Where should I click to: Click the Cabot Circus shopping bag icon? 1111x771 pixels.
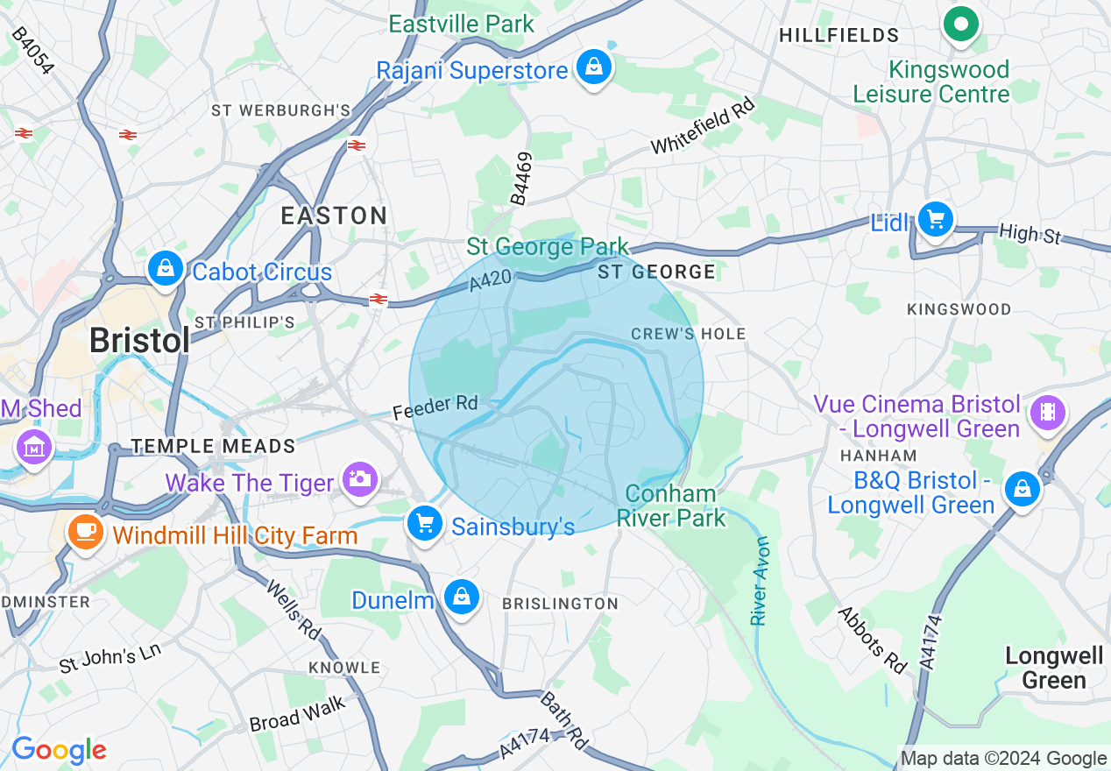pyautogui.click(x=166, y=268)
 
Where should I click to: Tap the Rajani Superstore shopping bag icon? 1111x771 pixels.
pyautogui.click(x=594, y=67)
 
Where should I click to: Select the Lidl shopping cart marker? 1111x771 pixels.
pyautogui.click(x=936, y=219)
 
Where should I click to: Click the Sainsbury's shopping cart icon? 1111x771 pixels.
pyautogui.click(x=425, y=524)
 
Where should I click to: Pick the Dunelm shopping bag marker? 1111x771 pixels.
pyautogui.click(x=461, y=597)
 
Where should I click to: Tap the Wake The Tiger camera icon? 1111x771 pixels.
pyautogui.click(x=359, y=479)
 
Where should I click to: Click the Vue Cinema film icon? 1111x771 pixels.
pyautogui.click(x=1047, y=411)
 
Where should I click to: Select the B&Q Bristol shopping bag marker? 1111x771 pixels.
pyautogui.click(x=1022, y=489)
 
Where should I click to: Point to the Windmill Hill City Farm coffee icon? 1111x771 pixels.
pyautogui.click(x=86, y=531)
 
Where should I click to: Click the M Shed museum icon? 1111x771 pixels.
pyautogui.click(x=34, y=447)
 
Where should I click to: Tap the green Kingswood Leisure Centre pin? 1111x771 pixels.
pyautogui.click(x=961, y=25)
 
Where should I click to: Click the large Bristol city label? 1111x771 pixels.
pyautogui.click(x=139, y=341)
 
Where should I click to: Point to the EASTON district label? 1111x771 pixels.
pyautogui.click(x=334, y=216)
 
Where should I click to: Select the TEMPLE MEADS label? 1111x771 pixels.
pyautogui.click(x=214, y=447)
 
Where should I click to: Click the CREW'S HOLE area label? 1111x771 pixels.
pyautogui.click(x=688, y=334)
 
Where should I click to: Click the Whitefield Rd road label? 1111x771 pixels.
pyautogui.click(x=702, y=126)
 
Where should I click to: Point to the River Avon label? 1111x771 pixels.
pyautogui.click(x=759, y=581)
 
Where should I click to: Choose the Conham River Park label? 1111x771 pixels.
pyautogui.click(x=671, y=506)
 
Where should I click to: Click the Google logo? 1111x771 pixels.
pyautogui.click(x=59, y=750)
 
